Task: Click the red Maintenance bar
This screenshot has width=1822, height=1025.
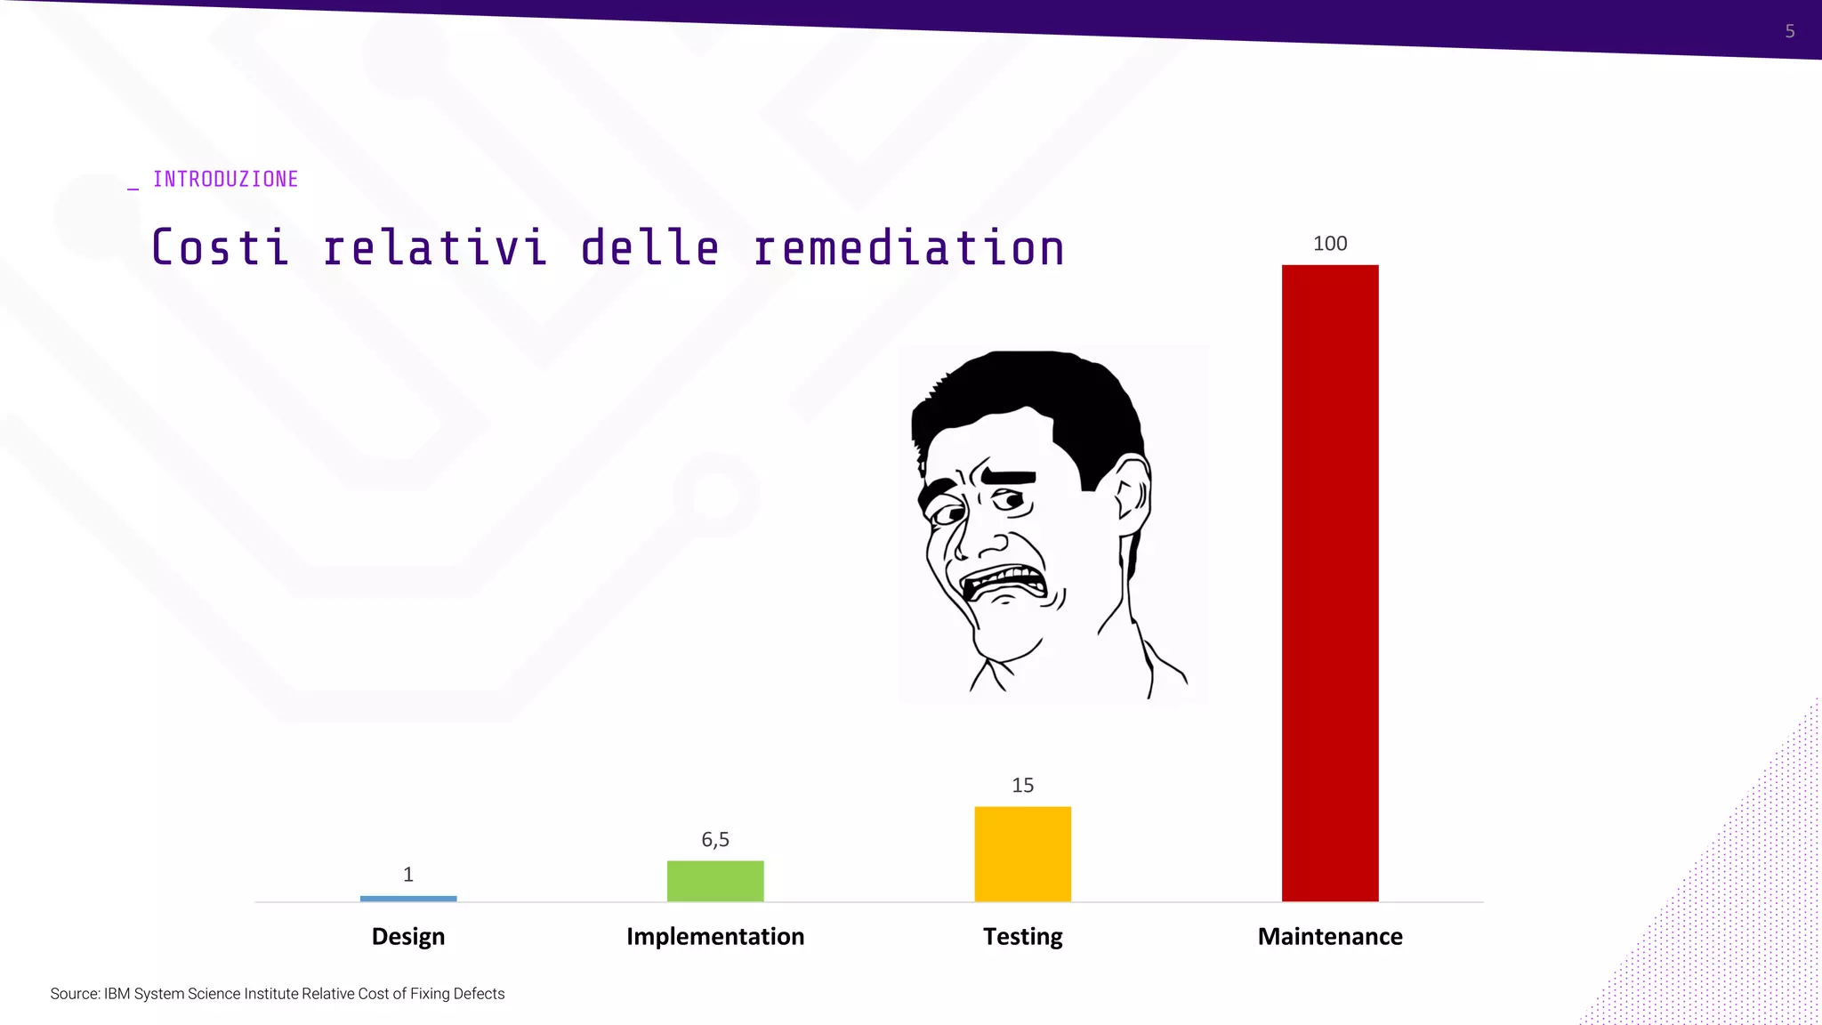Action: (1329, 583)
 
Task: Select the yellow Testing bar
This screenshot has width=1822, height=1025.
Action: (1022, 853)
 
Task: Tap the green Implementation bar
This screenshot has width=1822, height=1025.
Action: (715, 881)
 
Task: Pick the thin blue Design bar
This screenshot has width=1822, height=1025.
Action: (408, 899)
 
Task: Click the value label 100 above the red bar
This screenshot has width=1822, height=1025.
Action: (1330, 244)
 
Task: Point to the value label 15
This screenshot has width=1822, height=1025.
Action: (1022, 786)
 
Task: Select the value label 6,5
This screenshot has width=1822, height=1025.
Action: (715, 840)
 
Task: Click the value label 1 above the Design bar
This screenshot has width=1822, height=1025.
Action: (408, 875)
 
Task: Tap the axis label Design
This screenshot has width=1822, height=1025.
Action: (408, 937)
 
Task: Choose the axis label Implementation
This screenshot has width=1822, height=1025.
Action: (715, 937)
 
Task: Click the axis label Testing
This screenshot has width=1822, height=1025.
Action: (1022, 937)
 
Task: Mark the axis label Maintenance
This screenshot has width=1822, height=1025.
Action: (1330, 937)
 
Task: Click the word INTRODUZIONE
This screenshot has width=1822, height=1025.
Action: (225, 180)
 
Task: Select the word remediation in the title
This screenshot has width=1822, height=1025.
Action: (908, 248)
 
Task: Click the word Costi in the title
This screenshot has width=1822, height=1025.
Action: (221, 248)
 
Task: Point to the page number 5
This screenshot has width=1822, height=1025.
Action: (1790, 32)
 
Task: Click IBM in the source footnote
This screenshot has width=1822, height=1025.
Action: (117, 994)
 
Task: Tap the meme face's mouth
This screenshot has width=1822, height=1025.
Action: (1005, 584)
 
